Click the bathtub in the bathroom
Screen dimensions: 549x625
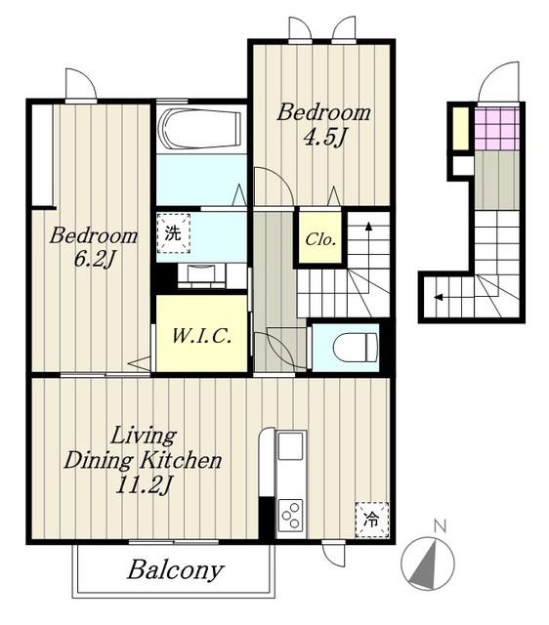(x=200, y=128)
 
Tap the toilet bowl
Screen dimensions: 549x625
(x=356, y=348)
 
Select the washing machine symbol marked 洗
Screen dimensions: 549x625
(x=174, y=233)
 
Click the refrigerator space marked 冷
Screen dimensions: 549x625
(x=371, y=520)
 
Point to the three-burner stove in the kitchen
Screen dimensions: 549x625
(x=290, y=516)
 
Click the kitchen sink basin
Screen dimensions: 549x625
(x=290, y=445)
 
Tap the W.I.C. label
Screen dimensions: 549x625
(x=201, y=337)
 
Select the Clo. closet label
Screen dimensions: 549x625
(x=320, y=239)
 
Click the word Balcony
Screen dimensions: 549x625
(x=176, y=571)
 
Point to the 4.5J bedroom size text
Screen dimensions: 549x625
(x=323, y=138)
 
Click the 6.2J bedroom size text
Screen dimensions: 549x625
(x=95, y=260)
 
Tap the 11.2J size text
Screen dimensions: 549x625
(x=144, y=485)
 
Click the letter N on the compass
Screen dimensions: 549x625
(x=440, y=526)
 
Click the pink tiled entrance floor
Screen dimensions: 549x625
(x=497, y=129)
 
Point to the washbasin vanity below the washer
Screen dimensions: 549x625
(x=201, y=275)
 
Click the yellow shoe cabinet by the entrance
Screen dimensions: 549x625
(x=462, y=128)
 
